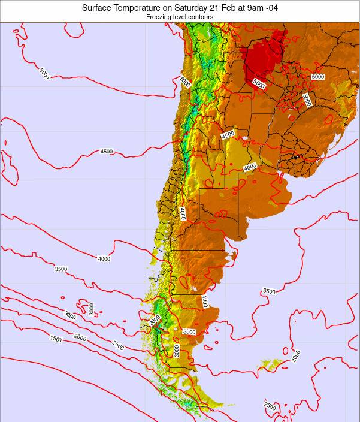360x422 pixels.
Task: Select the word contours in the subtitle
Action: coord(200,17)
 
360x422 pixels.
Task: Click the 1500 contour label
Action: coord(56,339)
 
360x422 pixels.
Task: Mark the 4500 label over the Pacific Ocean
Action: coord(106,152)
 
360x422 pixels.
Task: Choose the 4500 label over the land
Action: coord(228,135)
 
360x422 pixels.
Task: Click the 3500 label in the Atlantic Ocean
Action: coord(269,291)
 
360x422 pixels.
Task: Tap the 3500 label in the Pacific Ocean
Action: coord(60,269)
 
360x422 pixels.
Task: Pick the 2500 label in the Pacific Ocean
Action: coord(118,344)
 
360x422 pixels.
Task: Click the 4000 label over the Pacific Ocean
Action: coord(104,259)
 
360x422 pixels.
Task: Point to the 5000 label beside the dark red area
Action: coord(258,84)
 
